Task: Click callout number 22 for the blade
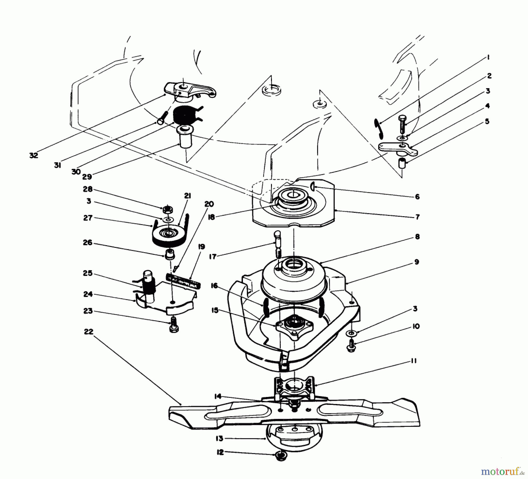click(x=89, y=332)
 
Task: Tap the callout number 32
click(x=34, y=156)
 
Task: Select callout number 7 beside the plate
click(x=417, y=217)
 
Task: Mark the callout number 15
click(x=215, y=311)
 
